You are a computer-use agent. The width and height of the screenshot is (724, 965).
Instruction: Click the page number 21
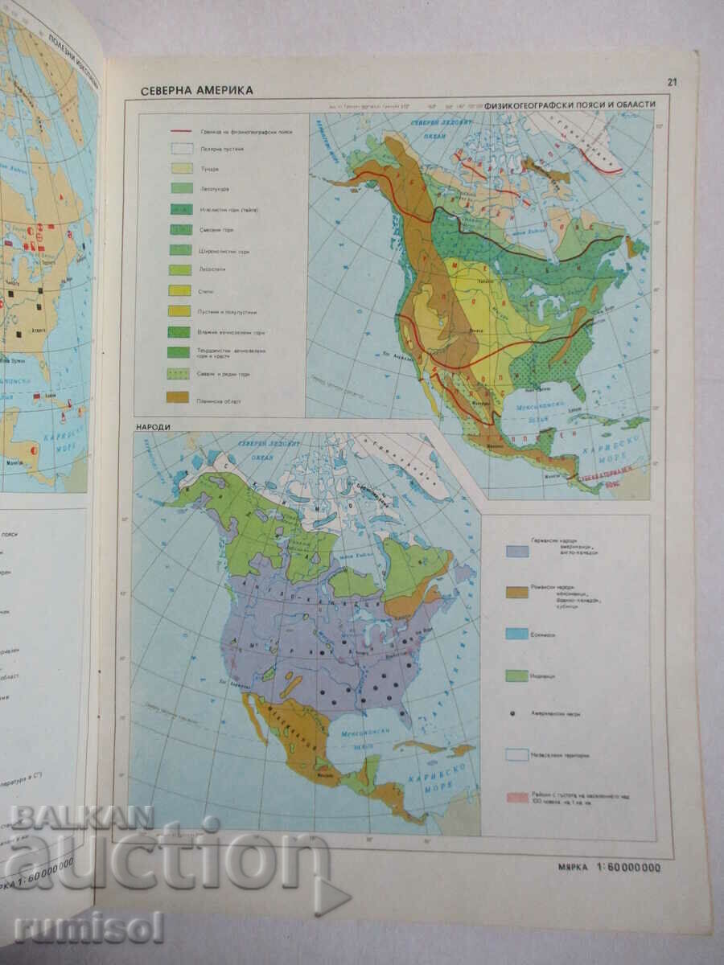pos(673,80)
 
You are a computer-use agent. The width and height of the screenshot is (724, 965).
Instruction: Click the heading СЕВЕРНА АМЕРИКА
pos(197,90)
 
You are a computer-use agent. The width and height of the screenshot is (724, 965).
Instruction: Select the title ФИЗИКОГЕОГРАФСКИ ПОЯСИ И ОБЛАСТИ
pos(577,105)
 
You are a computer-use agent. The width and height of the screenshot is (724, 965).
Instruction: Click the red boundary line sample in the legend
pos(180,131)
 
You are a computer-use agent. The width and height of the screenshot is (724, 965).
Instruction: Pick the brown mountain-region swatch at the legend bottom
pos(179,396)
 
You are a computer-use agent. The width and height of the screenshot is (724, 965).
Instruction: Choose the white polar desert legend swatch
pos(180,149)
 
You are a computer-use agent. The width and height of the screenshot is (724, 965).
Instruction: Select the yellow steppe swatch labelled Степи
pos(179,290)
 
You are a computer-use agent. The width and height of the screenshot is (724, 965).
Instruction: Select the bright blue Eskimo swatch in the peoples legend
pos(517,634)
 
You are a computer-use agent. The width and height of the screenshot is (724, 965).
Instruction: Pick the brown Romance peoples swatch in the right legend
pos(517,592)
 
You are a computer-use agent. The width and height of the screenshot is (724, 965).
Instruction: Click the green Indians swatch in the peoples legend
pos(517,675)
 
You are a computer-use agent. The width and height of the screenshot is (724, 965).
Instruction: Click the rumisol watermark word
pos(88,927)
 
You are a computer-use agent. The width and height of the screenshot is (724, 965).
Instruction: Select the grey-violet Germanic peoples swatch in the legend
pos(517,551)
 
